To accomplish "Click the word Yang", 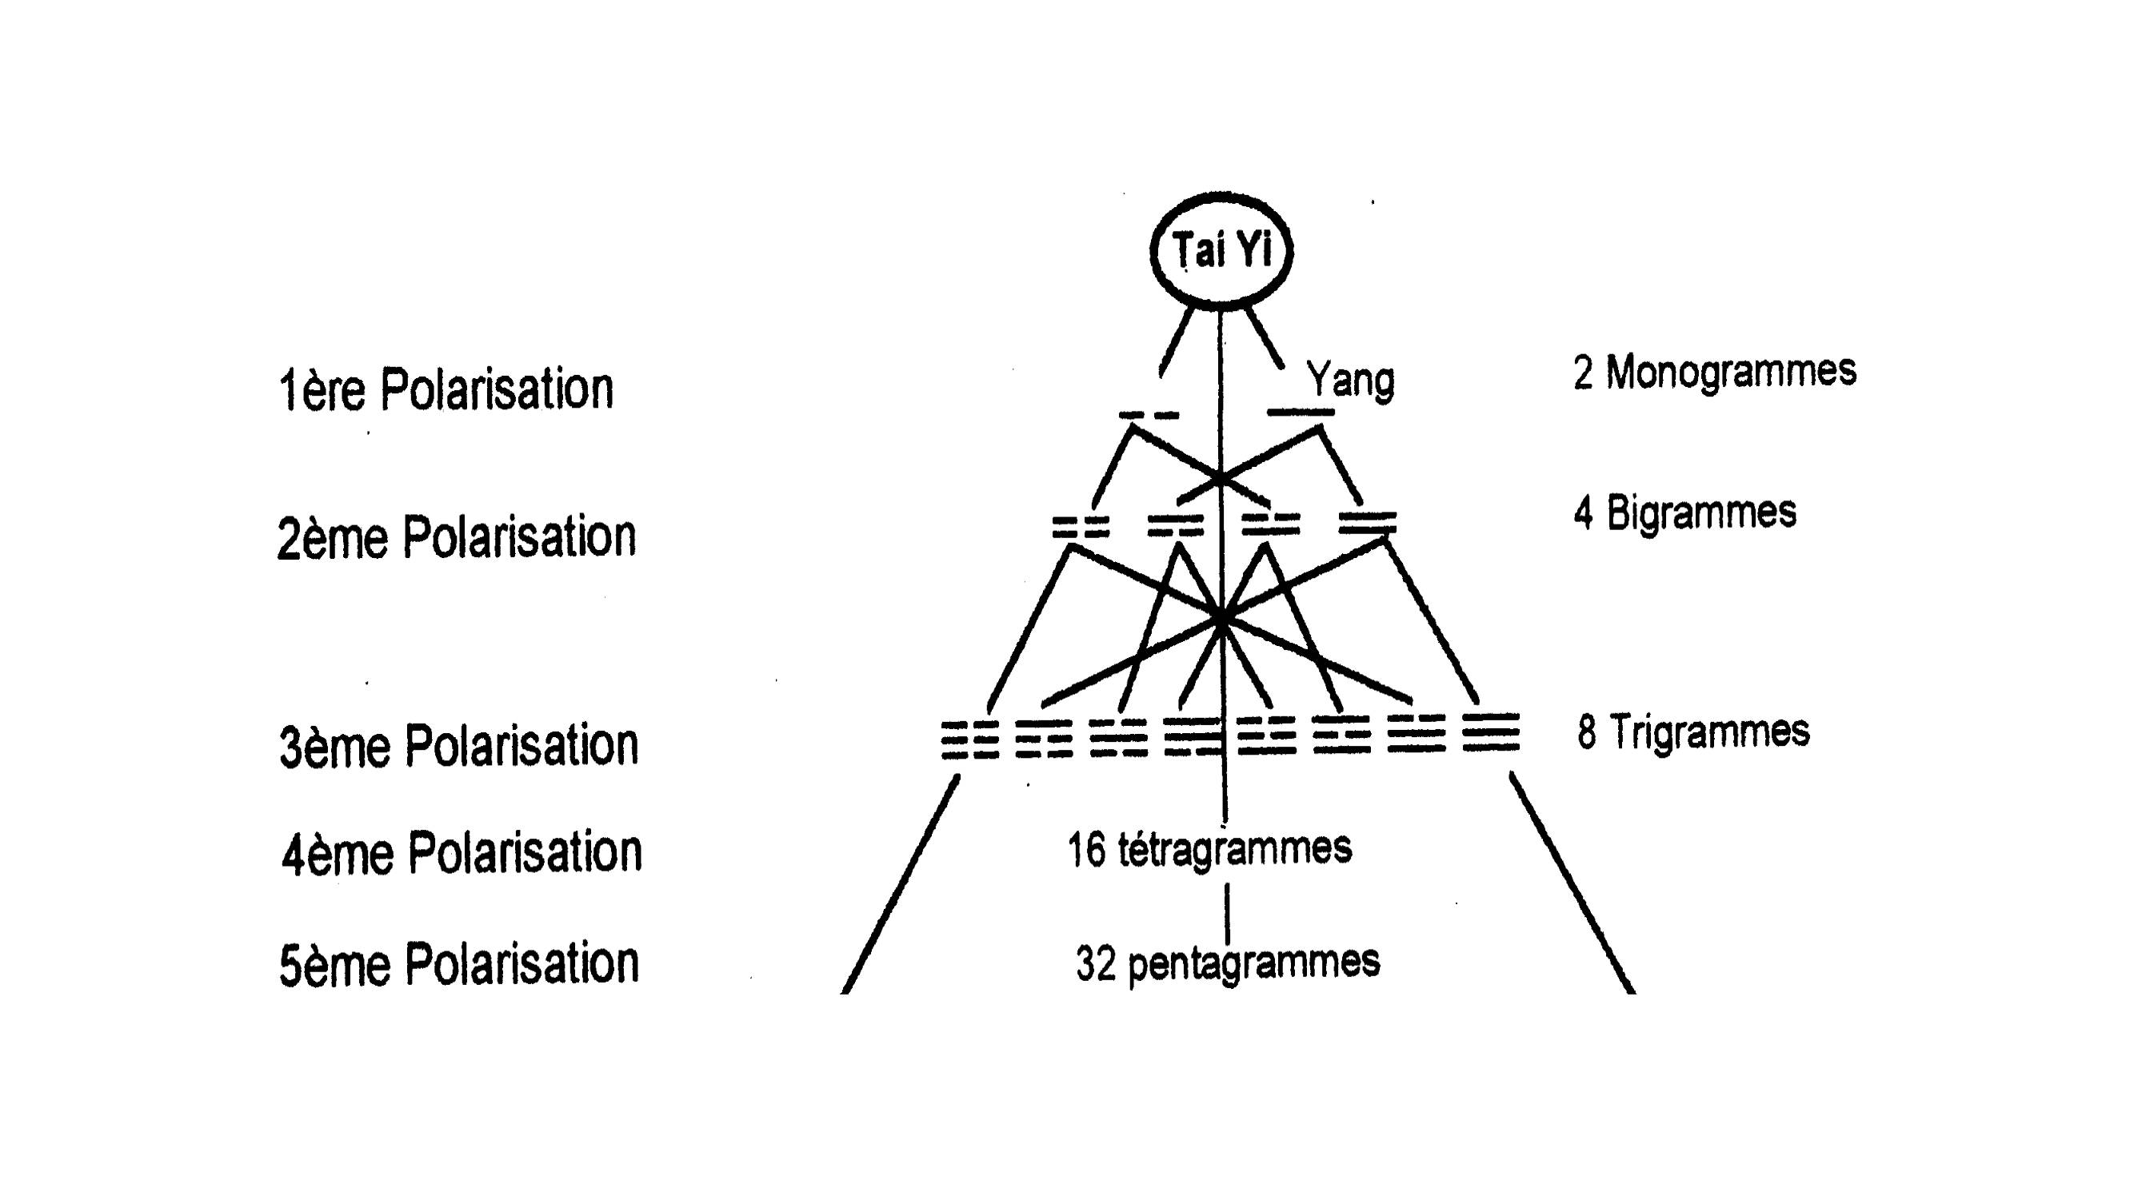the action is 1350,381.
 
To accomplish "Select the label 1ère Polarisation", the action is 446,389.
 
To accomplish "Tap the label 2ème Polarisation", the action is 457,536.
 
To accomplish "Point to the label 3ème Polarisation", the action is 459,744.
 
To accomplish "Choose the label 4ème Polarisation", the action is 462,852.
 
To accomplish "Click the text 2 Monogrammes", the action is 1714,372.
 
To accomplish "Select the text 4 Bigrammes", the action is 1685,512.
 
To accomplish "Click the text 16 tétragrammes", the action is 1209,850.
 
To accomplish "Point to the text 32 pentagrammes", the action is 1228,963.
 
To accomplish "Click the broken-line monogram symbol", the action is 1149,415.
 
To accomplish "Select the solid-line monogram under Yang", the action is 1301,412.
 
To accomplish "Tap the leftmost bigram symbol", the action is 1081,527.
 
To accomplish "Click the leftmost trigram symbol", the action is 969,740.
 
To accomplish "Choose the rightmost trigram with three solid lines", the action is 1490,732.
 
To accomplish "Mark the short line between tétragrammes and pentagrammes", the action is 1227,915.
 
